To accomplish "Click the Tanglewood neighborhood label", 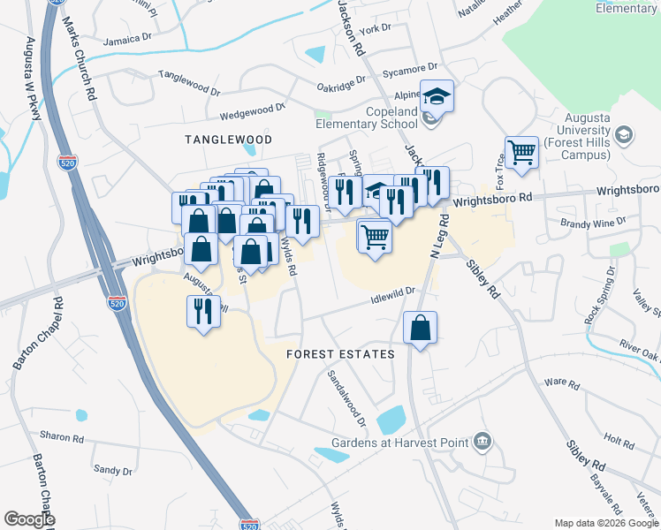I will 228,140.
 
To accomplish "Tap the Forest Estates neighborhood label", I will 340,354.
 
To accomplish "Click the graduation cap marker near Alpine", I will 436,95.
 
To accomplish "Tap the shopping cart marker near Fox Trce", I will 521,152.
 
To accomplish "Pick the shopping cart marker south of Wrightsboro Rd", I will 375,236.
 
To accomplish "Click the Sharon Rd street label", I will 61,437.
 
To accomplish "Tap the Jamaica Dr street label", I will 127,41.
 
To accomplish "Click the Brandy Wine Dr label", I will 599,223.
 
